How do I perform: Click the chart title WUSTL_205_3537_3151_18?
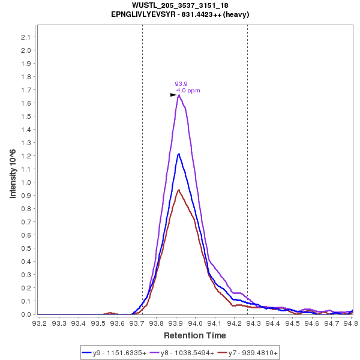point(180,5)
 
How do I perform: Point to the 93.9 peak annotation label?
point(181,84)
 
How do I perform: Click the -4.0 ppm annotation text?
point(187,91)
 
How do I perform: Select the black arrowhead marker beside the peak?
point(173,95)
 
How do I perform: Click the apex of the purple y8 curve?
point(179,95)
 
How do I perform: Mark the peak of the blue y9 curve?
point(179,154)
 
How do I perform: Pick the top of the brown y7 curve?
point(179,190)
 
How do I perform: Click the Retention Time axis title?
point(195,335)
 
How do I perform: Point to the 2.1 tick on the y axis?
point(26,37)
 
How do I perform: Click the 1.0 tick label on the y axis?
point(26,182)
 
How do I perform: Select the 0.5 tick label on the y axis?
point(26,248)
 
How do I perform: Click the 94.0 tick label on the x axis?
point(195,323)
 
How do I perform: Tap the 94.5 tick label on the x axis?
point(292,323)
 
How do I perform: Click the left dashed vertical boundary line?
point(142,180)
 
